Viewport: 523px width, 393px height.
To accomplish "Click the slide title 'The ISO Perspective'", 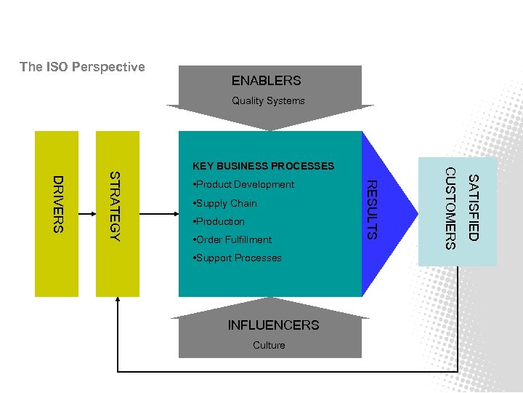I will point(82,67).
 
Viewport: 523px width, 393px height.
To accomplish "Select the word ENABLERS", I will point(266,81).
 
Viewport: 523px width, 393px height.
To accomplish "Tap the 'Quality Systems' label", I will point(268,101).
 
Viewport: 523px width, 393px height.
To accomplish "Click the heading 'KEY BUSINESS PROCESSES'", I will point(263,166).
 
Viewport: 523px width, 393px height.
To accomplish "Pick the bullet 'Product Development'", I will point(243,185).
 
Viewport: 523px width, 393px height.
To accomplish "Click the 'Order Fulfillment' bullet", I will point(232,239).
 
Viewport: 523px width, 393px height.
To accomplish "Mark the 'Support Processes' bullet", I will point(237,258).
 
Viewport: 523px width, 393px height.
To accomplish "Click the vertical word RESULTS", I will point(370,210).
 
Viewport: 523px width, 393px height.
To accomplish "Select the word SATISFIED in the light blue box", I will point(472,207).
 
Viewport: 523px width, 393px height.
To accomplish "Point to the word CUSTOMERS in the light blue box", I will point(450,208).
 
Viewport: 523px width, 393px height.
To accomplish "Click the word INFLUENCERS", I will point(273,325).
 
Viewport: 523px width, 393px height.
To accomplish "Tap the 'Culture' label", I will point(269,345).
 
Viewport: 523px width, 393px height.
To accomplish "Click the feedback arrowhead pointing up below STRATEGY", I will point(117,304).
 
